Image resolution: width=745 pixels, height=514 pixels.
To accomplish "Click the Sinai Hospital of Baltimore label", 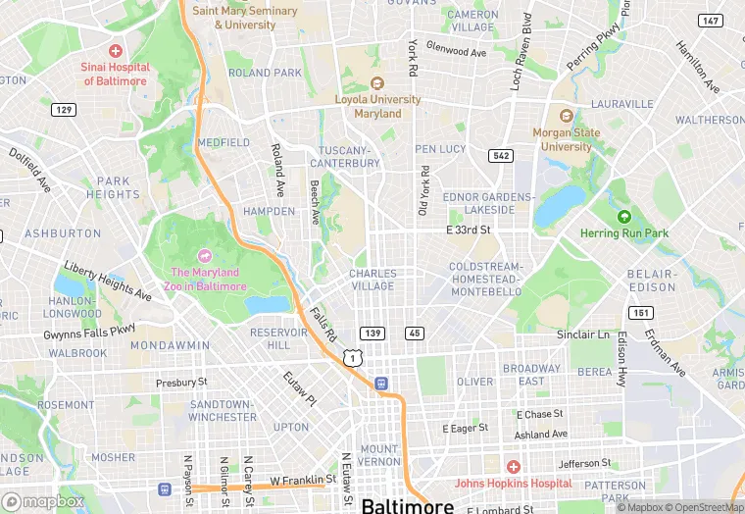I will [116, 74].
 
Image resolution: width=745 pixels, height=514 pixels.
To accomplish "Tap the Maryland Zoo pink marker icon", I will [205, 255].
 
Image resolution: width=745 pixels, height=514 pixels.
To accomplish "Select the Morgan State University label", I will [563, 140].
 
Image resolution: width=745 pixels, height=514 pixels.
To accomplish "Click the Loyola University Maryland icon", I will [376, 83].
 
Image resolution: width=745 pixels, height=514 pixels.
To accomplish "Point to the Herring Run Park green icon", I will [623, 217].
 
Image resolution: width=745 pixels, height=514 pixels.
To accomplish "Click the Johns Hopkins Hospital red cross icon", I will [512, 467].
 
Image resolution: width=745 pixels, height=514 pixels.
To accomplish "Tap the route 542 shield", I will [501, 156].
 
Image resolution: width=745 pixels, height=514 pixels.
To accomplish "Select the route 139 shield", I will [372, 334].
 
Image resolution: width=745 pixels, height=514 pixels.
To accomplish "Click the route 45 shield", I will [414, 334].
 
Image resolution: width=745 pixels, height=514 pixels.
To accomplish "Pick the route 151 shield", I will [640, 313].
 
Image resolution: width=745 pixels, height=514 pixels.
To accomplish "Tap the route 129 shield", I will [64, 109].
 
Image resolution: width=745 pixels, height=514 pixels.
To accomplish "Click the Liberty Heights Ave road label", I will [108, 282].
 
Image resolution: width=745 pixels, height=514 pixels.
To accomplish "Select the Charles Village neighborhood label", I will [372, 281].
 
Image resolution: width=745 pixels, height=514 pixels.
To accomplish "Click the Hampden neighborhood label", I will [269, 211].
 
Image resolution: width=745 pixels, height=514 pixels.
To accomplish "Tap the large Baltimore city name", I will [408, 505].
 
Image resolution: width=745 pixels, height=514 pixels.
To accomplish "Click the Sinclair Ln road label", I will [582, 334].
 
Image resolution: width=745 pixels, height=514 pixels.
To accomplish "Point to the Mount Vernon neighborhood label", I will [378, 455].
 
